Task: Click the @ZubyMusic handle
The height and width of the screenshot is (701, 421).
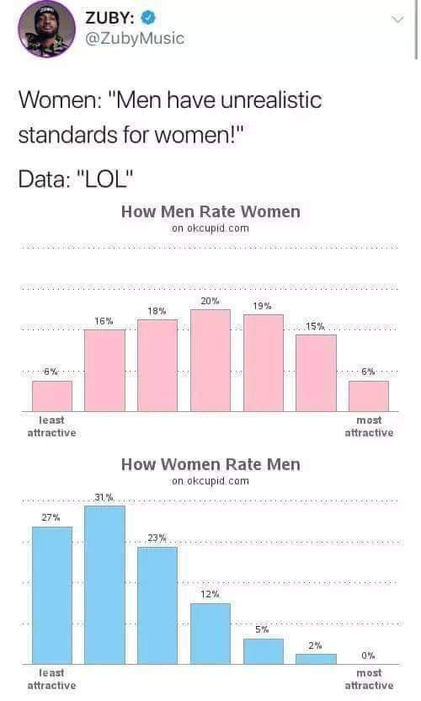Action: [x=135, y=39]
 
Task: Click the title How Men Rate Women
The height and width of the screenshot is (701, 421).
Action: [x=210, y=211]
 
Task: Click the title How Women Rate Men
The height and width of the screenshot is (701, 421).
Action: [x=210, y=464]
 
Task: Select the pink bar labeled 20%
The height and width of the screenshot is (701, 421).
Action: [x=210, y=361]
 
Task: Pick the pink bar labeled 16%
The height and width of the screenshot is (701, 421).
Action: [x=104, y=371]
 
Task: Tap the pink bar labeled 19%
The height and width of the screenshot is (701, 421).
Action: [x=263, y=363]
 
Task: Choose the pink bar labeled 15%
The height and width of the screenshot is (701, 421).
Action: [x=316, y=373]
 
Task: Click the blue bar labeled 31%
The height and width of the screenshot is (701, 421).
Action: [x=104, y=585]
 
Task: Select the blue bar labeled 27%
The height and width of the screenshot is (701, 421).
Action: [x=51, y=595]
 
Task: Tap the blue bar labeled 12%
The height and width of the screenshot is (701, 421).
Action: [x=210, y=634]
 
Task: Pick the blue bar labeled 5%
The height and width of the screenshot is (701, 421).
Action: [x=263, y=651]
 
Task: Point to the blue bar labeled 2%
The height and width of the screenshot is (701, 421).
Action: [x=316, y=659]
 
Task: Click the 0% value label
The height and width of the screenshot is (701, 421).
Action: [x=368, y=655]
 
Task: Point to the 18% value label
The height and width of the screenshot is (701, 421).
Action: [x=157, y=311]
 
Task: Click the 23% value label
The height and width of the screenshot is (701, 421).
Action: [x=157, y=538]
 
